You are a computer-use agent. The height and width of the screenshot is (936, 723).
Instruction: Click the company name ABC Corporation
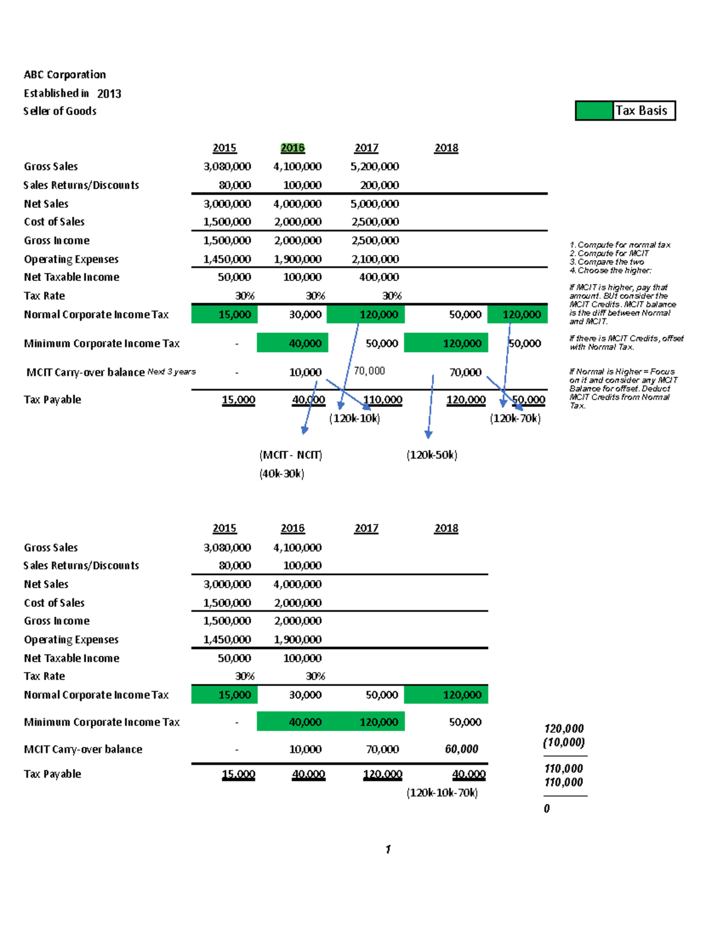pyautogui.click(x=64, y=75)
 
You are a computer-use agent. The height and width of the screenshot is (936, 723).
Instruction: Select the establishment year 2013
pyautogui.click(x=109, y=93)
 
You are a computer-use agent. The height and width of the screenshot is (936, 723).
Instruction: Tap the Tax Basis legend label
pyautogui.click(x=641, y=111)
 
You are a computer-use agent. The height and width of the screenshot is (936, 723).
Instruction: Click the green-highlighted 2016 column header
pyautogui.click(x=293, y=148)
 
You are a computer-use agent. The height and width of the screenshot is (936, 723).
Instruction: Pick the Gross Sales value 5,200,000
pyautogui.click(x=375, y=166)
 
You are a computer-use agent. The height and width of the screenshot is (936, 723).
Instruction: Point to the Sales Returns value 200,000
pyautogui.click(x=380, y=185)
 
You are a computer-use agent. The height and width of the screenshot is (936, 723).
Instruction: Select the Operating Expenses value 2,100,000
pyautogui.click(x=375, y=259)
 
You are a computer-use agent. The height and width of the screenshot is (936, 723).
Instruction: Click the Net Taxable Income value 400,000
pyautogui.click(x=379, y=277)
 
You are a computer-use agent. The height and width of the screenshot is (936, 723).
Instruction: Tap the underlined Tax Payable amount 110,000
pyautogui.click(x=383, y=400)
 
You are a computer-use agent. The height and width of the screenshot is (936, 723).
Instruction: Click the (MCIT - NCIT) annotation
pyautogui.click(x=291, y=455)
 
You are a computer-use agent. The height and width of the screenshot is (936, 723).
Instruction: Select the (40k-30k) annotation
pyautogui.click(x=282, y=474)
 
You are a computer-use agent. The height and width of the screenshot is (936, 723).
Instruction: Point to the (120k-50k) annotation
pyautogui.click(x=432, y=455)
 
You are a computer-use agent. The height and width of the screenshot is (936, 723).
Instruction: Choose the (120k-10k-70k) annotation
pyautogui.click(x=442, y=793)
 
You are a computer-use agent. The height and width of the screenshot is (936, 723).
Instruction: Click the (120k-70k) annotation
pyautogui.click(x=515, y=418)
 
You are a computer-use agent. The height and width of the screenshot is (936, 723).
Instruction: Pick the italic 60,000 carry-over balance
pyautogui.click(x=462, y=749)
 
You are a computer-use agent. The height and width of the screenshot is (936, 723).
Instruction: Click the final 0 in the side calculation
pyautogui.click(x=546, y=809)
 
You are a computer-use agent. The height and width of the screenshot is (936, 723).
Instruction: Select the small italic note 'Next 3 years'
pyautogui.click(x=172, y=372)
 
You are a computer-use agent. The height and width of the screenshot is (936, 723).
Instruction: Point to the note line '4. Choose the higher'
pyautogui.click(x=610, y=271)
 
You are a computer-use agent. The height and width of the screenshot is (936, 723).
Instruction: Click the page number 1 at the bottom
pyautogui.click(x=388, y=849)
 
